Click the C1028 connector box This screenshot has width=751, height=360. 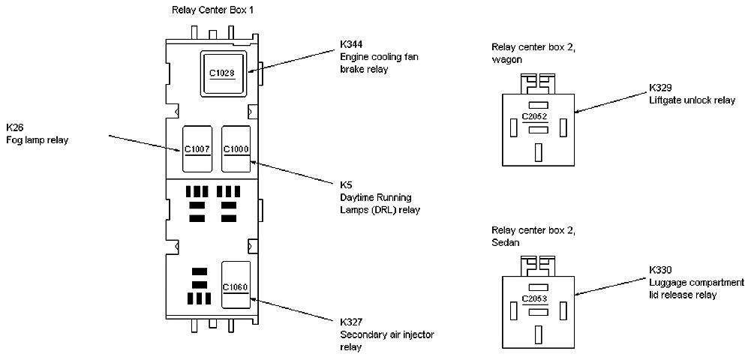(224, 73)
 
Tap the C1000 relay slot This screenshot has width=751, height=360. (236, 149)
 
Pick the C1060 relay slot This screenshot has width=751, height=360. (236, 287)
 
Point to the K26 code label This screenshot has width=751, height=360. (14, 126)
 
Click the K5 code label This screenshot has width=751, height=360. (346, 184)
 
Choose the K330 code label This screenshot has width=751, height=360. (661, 269)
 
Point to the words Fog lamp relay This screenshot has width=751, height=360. (36, 139)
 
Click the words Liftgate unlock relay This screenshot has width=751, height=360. (692, 100)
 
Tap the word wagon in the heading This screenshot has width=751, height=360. (506, 60)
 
